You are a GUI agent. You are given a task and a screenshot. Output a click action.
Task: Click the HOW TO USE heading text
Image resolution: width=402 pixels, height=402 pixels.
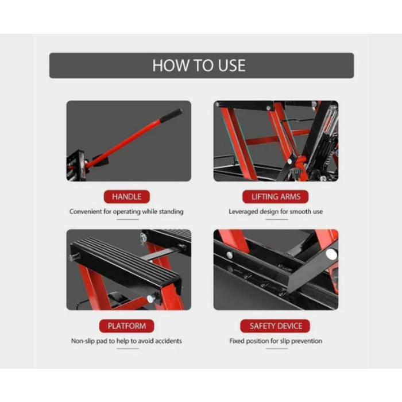pyautogui.click(x=199, y=65)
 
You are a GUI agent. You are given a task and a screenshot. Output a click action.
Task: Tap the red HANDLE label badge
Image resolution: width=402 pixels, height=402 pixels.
pyautogui.click(x=127, y=196)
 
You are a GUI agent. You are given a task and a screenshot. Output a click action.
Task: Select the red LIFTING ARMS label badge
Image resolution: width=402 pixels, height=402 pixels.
pyautogui.click(x=276, y=196)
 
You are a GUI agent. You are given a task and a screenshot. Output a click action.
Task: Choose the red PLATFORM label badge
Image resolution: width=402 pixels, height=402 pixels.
pyautogui.click(x=127, y=326)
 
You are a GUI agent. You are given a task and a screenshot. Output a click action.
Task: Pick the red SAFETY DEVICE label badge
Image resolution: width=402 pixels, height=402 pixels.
pyautogui.click(x=275, y=326)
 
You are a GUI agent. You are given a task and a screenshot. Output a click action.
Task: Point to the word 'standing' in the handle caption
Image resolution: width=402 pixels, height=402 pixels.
pyautogui.click(x=171, y=212)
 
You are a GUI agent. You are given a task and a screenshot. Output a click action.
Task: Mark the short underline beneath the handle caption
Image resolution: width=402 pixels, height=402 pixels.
pyautogui.click(x=127, y=219)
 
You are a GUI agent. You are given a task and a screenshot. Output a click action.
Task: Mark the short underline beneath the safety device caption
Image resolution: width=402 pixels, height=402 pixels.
pyautogui.click(x=277, y=349)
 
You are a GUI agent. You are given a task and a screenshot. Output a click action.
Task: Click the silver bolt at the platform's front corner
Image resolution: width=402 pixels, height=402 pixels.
pyautogui.click(x=150, y=299)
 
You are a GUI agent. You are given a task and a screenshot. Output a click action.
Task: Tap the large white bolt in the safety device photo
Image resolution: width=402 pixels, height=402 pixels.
pyautogui.click(x=331, y=254)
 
